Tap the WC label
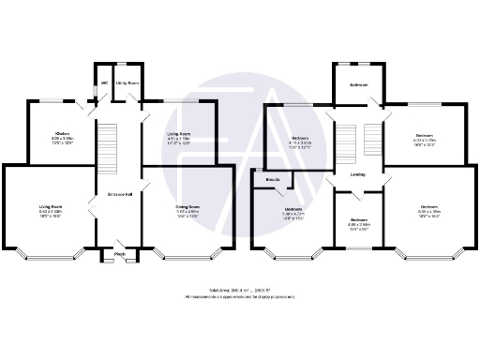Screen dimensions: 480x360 tap(104, 83)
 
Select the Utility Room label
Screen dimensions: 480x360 tap(127, 83)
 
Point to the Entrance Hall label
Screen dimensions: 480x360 tap(116, 195)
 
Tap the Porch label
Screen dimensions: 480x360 tap(120, 254)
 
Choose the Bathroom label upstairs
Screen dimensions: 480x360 tap(358, 84)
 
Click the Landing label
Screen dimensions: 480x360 tap(358, 174)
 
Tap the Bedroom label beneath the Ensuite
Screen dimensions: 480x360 tap(293, 209)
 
